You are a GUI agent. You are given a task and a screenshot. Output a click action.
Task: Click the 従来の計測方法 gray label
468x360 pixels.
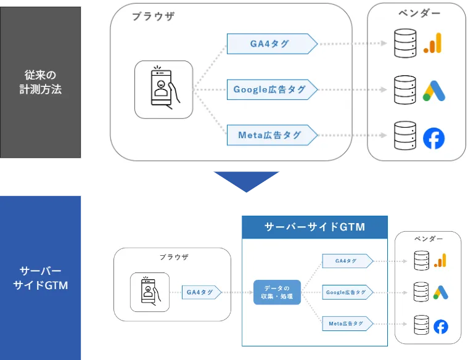[41, 83]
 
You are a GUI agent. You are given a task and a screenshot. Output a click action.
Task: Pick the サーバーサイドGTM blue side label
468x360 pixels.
[41, 278]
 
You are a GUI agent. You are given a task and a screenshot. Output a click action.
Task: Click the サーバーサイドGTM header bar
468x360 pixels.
[314, 227]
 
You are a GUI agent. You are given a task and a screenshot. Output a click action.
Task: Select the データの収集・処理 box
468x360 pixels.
[277, 292]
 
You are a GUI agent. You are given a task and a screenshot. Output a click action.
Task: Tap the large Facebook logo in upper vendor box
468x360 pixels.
[434, 137]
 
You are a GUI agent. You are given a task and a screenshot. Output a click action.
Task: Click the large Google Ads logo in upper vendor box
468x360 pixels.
[434, 91]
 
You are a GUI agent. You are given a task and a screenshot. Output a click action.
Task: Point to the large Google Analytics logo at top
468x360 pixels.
[434, 43]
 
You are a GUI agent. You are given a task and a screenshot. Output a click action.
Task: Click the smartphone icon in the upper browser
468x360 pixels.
[163, 89]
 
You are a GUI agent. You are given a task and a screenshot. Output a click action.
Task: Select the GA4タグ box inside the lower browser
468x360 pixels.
[201, 292]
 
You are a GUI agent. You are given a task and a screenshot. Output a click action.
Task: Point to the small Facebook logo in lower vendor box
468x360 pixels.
[440, 326]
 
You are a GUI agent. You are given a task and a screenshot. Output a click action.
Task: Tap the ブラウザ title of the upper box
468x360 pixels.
[153, 17]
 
